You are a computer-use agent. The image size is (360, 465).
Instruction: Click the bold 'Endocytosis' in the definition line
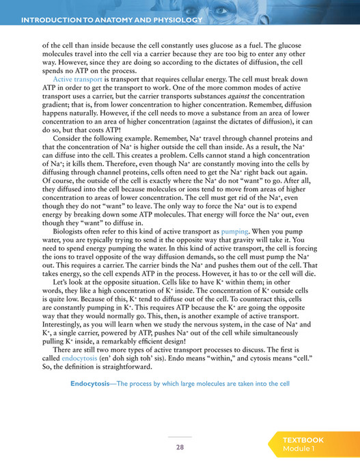(92, 384)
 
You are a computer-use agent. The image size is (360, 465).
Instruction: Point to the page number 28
(180, 447)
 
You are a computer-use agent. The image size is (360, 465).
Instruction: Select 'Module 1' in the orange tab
(299, 449)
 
